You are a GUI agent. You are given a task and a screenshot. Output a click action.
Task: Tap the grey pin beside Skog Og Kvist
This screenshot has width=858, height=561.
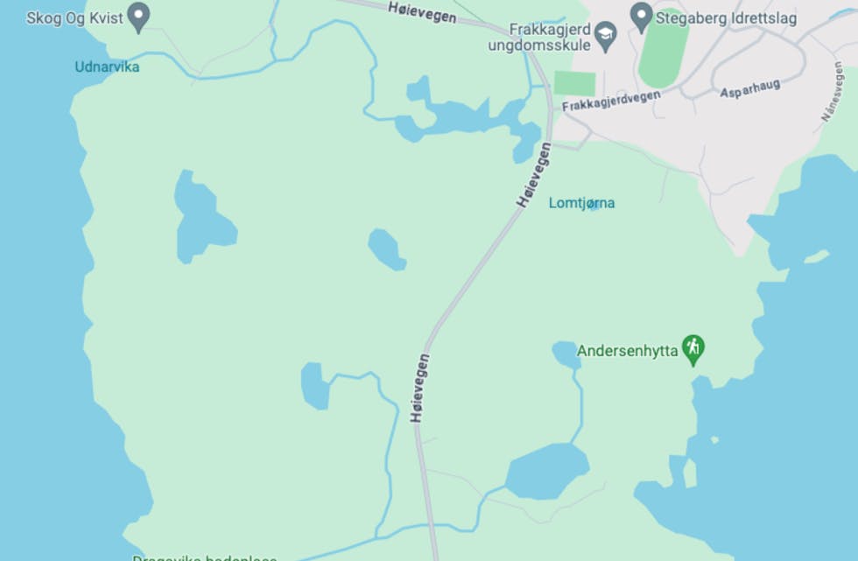pos(138,15)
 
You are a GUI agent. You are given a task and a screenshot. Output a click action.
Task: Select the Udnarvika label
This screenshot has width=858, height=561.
pos(107,67)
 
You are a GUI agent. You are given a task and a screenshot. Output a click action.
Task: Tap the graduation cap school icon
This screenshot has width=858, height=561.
pos(606,36)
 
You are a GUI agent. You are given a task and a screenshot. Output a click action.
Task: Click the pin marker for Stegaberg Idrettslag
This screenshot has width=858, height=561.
pos(642,15)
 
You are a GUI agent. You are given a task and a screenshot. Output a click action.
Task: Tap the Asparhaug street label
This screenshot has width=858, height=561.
pos(749,88)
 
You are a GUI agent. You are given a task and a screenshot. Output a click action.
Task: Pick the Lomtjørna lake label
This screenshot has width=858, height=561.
pos(581,203)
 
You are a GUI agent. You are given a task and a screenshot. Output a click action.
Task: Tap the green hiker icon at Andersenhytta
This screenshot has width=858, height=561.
pos(693,347)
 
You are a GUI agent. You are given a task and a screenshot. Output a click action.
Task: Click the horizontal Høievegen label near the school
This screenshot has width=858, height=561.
pos(422,12)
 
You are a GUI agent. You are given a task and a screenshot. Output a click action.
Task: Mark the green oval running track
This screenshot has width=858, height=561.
pos(663,48)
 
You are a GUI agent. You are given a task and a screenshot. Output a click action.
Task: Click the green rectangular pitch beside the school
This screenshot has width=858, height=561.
pos(574,84)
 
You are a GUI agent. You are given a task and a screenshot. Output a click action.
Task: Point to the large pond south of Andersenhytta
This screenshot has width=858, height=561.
pos(547,471)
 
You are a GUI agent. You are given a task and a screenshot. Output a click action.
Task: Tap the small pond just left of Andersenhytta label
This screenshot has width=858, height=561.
pos(565,354)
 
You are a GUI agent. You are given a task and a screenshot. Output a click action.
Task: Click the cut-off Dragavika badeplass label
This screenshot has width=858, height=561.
pos(204,557)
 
